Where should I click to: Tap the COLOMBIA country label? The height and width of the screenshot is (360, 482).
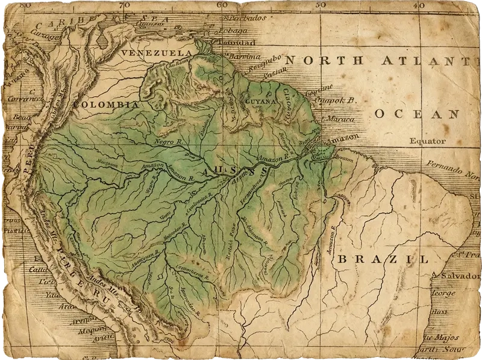click(105, 104)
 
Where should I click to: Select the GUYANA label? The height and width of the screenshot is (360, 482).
click(260, 101)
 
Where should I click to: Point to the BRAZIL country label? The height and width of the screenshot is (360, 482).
click(383, 259)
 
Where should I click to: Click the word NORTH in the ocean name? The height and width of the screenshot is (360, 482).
click(324, 60)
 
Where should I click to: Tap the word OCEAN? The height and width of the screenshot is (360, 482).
click(416, 113)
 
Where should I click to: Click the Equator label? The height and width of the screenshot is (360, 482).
click(427, 141)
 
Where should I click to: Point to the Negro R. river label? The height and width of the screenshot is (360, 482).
click(168, 141)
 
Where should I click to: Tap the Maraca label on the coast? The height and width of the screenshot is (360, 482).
click(337, 119)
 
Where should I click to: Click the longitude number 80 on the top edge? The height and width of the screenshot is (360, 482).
click(25, 5)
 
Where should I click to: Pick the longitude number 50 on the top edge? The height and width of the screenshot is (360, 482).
click(320, 5)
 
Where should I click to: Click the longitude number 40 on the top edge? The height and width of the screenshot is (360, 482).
click(419, 5)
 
